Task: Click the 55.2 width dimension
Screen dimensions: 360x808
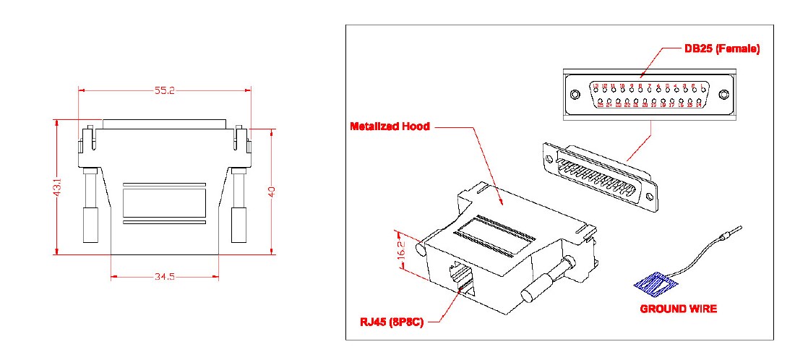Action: [x=166, y=90]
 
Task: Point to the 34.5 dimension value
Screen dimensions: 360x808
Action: [x=164, y=276]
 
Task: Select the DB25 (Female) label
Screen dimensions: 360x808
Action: [x=721, y=49]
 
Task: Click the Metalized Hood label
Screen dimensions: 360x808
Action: [x=390, y=127]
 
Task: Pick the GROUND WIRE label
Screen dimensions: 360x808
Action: [x=678, y=309]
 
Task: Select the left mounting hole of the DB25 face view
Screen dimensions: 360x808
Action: [x=575, y=95]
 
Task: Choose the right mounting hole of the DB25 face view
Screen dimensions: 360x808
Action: [x=725, y=94]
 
